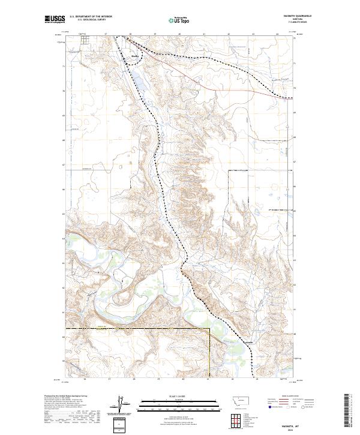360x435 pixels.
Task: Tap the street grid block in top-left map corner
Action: [x=85, y=40]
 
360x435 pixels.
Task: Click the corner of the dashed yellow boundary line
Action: [x=209, y=329]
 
